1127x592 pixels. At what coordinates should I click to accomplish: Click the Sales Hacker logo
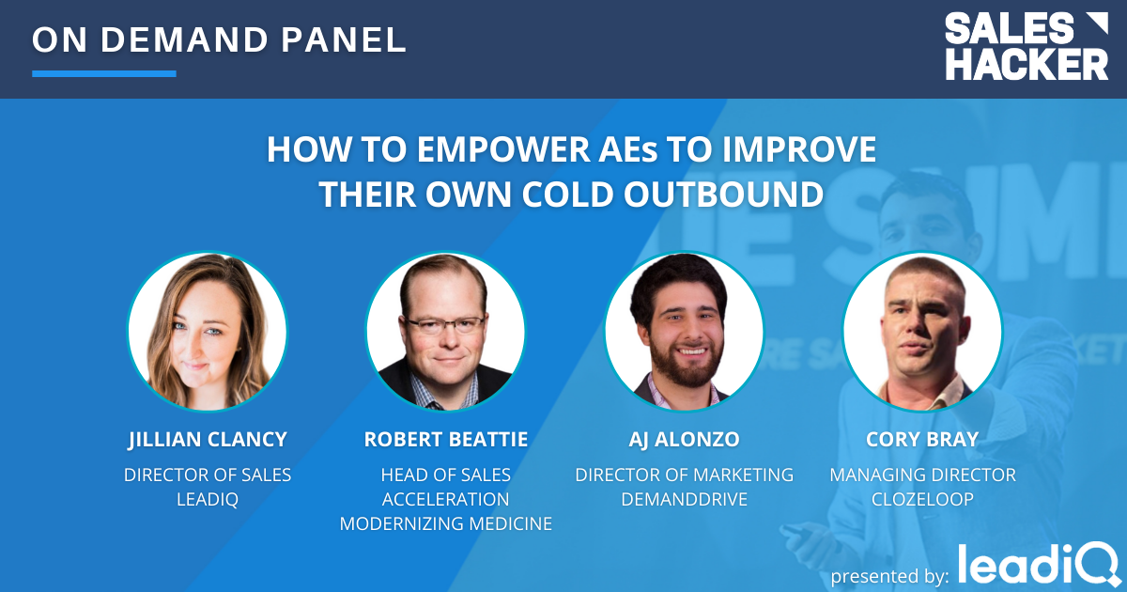(x=1027, y=46)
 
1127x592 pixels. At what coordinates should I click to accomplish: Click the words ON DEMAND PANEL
(x=219, y=39)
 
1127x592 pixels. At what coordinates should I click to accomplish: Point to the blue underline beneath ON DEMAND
(x=104, y=73)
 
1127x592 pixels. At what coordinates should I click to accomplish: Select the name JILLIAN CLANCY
(x=208, y=440)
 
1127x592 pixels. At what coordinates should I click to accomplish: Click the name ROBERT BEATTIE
(x=446, y=440)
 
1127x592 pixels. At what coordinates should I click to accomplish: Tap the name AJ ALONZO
(x=684, y=440)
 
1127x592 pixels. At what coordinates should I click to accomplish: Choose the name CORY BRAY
(x=922, y=440)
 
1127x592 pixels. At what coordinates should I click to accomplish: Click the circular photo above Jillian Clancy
(x=208, y=331)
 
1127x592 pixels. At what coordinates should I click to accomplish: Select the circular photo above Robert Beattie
(x=446, y=331)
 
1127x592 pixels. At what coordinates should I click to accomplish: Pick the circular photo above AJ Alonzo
(x=684, y=331)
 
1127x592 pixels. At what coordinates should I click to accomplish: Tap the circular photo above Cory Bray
(x=922, y=331)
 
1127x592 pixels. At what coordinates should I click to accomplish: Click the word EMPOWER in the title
(x=503, y=149)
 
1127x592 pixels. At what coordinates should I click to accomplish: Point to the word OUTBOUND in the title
(x=723, y=195)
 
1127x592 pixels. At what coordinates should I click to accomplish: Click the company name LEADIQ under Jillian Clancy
(x=208, y=499)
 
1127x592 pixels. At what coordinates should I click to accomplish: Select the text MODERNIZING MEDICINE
(x=446, y=523)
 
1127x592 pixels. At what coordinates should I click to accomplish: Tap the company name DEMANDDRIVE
(x=684, y=499)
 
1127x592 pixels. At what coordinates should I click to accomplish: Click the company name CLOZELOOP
(x=922, y=499)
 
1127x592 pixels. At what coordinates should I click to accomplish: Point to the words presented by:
(x=889, y=576)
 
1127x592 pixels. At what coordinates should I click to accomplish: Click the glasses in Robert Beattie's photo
(x=445, y=325)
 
